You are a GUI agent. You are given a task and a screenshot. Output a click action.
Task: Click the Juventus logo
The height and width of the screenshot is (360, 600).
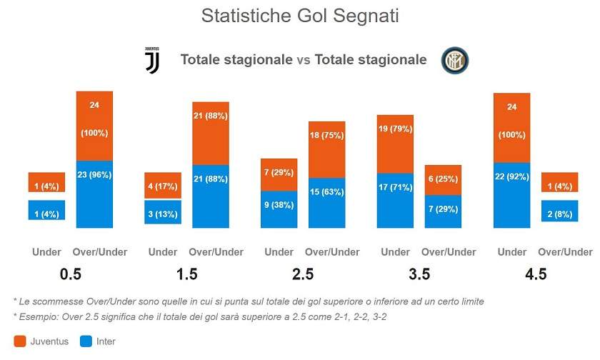coord(152,61)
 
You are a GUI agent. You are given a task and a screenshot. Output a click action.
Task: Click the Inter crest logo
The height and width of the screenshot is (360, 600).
coord(454,61)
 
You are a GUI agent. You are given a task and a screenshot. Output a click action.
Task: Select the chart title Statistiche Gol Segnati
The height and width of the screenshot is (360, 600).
coord(300,16)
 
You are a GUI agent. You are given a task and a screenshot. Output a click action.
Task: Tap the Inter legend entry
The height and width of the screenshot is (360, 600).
coord(96,341)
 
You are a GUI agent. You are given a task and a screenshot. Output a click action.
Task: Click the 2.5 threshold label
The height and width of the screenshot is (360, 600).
coord(304,274)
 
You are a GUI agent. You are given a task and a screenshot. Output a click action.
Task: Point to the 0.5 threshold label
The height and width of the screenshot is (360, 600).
coord(70,274)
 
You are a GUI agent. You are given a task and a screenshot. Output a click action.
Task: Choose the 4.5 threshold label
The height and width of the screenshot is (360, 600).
coord(536,274)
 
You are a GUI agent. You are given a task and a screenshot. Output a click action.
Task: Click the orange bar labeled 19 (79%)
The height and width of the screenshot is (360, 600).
coord(396,144)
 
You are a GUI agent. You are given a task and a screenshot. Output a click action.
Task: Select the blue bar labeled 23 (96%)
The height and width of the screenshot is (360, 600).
coord(94,194)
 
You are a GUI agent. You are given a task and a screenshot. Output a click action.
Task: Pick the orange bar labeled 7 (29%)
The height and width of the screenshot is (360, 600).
coord(279,174)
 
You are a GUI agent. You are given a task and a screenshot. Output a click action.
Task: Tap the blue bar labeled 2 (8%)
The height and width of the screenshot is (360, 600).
coord(559,211)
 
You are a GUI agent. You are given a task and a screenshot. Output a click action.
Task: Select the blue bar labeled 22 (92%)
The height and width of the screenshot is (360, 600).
coord(512,195)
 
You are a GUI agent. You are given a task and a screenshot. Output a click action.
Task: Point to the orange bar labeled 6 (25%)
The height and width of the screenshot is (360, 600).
coord(443,180)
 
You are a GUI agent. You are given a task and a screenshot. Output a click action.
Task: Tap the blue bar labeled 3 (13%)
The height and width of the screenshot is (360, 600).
coord(163,212)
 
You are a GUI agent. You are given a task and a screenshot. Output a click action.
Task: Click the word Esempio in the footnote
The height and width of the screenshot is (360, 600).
coord(38,316)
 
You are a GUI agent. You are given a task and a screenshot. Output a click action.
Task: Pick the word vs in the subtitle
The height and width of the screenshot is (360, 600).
coord(304,60)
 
